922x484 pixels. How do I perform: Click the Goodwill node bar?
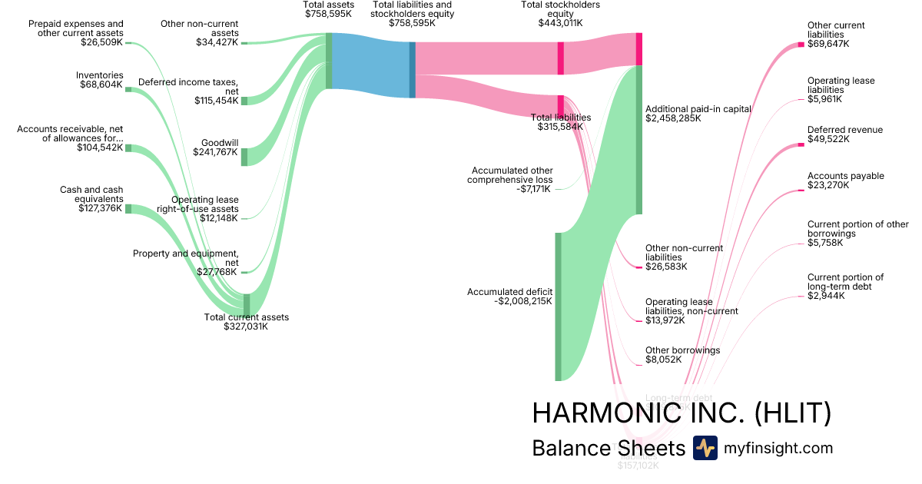[244, 157]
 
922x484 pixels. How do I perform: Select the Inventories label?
[99, 75]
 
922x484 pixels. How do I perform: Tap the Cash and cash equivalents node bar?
[128, 209]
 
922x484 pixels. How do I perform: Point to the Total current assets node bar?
[247, 304]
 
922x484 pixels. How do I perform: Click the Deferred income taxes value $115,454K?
[217, 101]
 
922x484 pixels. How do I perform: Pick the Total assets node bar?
[329, 61]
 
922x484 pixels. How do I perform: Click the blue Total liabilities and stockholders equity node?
[413, 69]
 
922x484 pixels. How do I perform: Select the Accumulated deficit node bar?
[559, 307]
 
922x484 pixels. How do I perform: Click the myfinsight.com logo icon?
[705, 448]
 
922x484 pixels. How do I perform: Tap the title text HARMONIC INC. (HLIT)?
[682, 413]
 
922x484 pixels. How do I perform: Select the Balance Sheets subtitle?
[608, 449]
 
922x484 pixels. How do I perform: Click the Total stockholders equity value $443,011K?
[560, 23]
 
